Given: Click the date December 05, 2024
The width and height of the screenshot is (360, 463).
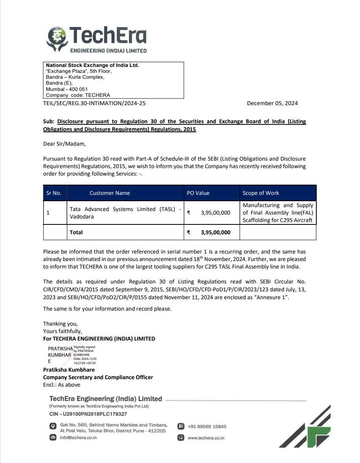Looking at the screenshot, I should click(272, 103).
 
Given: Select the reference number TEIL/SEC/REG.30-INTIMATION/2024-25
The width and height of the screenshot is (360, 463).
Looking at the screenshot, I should click(91, 103).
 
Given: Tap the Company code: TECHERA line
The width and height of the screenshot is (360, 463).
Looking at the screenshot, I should click(78, 95).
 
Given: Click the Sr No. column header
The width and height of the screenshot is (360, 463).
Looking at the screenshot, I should click(54, 193).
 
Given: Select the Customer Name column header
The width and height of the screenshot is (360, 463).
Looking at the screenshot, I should click(109, 193).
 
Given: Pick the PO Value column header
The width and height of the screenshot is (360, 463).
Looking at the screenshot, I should click(198, 193).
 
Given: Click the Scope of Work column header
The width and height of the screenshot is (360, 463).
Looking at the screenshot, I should click(260, 193).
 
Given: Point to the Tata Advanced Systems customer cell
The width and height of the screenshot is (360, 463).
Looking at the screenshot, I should click(125, 213).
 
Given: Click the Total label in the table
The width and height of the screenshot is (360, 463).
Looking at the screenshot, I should click(76, 232).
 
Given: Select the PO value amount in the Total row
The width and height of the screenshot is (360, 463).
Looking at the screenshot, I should click(215, 232).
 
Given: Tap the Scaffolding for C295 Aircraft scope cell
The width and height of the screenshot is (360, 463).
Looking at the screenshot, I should click(278, 213).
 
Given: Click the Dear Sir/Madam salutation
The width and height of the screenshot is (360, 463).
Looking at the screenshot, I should click(64, 144).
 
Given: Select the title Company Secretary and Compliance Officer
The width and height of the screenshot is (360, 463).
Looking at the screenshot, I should click(98, 377).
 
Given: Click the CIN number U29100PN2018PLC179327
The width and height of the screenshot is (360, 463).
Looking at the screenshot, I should click(88, 414).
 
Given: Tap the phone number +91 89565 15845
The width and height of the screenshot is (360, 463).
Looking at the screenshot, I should click(207, 426).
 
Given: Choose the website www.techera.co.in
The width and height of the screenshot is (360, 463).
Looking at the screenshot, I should click(206, 438).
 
